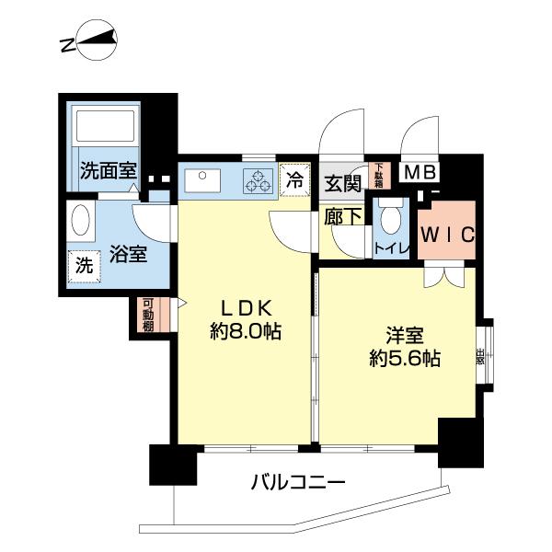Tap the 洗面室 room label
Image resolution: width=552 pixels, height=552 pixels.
pos(108,170)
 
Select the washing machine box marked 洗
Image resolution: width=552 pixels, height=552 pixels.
pos(84,267)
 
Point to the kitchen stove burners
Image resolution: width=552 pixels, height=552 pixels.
pos(258,181)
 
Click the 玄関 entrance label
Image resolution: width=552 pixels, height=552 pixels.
pos(343,183)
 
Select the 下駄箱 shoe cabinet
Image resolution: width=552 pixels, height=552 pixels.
pos(377,174)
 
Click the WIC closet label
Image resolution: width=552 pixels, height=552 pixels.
pos(448,235)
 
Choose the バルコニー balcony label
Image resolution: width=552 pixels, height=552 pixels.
pos(297,483)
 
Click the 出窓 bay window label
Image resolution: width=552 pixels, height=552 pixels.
pos(482,357)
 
